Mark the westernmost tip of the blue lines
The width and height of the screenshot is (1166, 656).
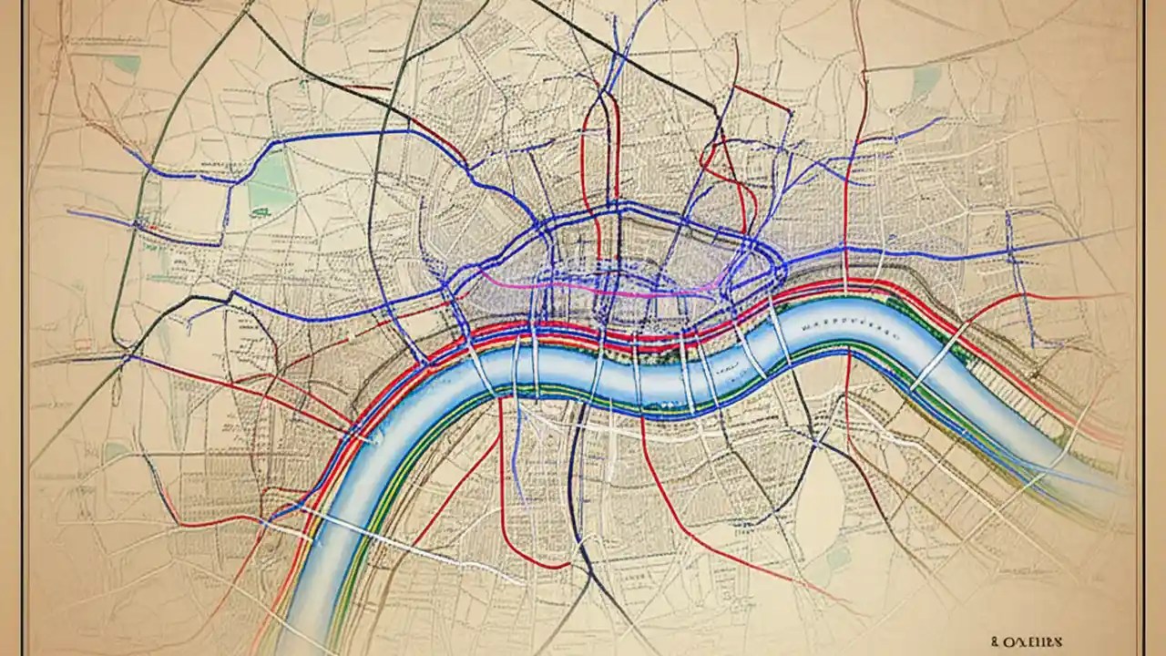(69, 212)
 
